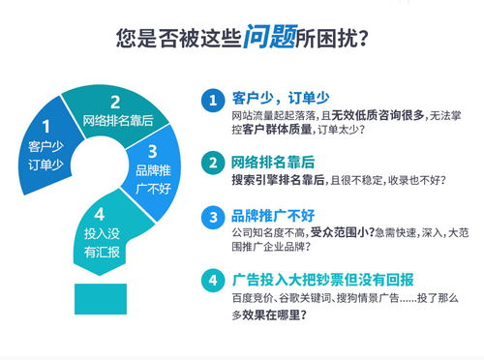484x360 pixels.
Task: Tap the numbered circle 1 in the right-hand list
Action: (x=210, y=100)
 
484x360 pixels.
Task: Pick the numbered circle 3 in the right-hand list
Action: (x=210, y=217)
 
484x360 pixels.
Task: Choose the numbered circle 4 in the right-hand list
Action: (x=210, y=281)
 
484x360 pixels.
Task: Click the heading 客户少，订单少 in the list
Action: (x=280, y=99)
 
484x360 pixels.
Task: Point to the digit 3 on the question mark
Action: (x=152, y=151)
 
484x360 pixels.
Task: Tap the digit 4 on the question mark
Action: (x=99, y=213)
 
